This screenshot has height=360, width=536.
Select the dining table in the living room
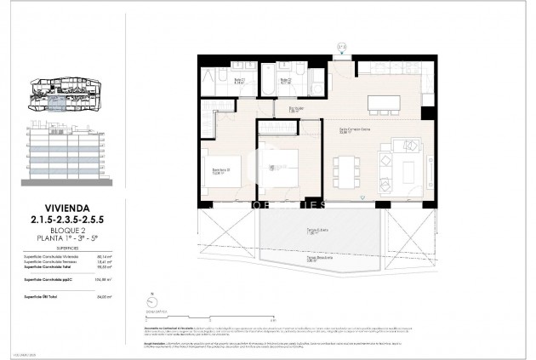click(345, 171)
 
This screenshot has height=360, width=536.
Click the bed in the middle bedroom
click(286, 165)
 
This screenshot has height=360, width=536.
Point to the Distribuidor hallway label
click(296, 109)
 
